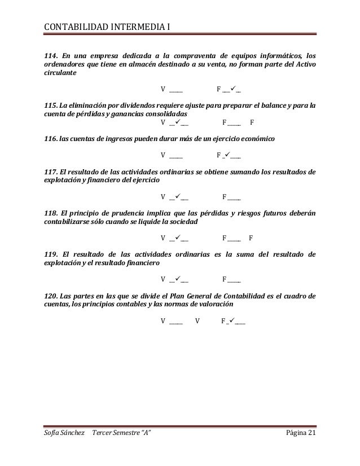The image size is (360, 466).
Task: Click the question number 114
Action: click(51, 55)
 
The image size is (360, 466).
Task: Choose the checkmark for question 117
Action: click(177, 196)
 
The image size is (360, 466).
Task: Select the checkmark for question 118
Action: click(177, 238)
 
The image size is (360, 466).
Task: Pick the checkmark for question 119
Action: click(177, 279)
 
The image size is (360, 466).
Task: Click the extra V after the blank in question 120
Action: click(197, 321)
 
